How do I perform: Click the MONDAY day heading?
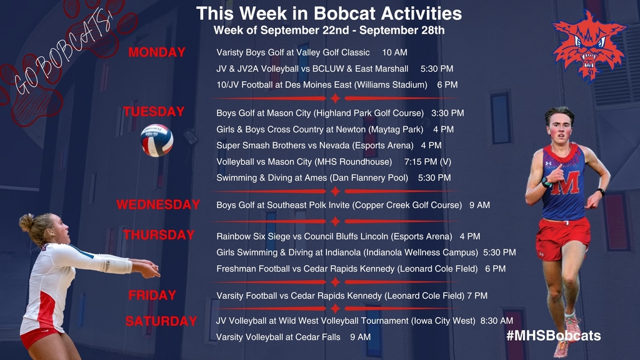[157, 52]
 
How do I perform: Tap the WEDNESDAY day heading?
[158, 204]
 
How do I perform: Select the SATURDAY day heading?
[161, 321]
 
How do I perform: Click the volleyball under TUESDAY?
[157, 141]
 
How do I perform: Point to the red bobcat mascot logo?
[588, 46]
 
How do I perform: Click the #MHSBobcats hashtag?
[554, 336]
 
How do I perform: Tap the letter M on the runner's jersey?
[566, 183]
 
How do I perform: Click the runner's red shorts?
[562, 238]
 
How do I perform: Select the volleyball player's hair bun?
[26, 222]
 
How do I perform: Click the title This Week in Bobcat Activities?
[329, 14]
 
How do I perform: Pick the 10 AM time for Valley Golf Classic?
[395, 52]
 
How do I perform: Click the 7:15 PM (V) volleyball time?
[427, 162]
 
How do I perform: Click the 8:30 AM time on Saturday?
[497, 321]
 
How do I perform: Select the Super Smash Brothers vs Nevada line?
[329, 145]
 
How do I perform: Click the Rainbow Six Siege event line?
[348, 236]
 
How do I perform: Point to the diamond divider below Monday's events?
[335, 98]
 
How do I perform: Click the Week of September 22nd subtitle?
[329, 30]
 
